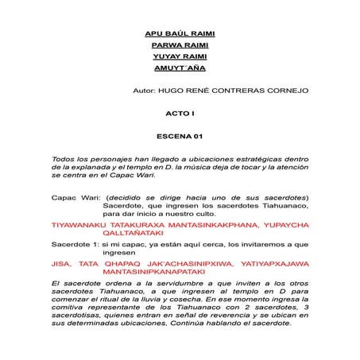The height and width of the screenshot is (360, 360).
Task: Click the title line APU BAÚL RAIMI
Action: click(181, 35)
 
